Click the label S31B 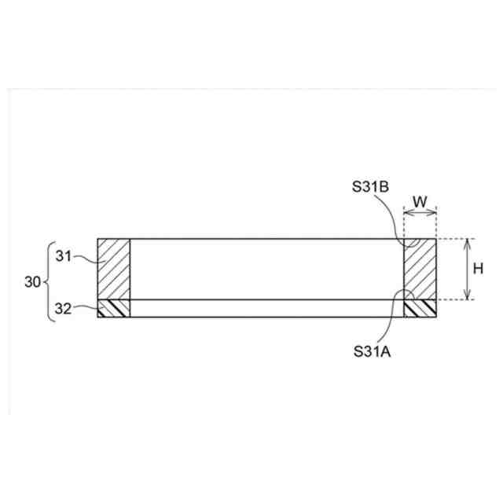coord(370,187)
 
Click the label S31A coord(372,351)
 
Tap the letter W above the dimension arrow coord(420,202)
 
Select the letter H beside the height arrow coord(478,269)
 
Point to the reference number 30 coord(33,282)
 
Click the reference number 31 coord(64,256)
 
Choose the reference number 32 coord(63,309)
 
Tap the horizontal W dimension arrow coord(420,212)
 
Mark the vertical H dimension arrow coord(468,269)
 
